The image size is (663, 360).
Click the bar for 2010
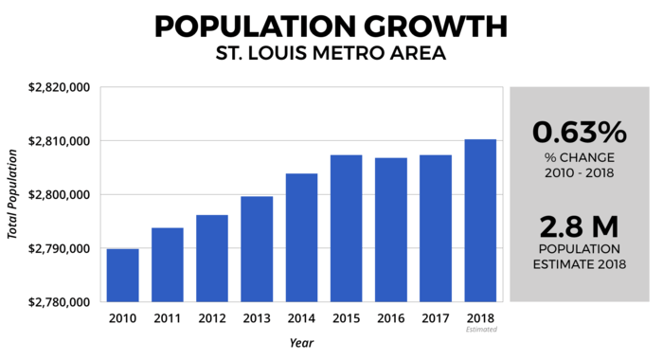123,276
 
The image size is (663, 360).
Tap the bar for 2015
347,228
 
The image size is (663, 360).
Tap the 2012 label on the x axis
212,319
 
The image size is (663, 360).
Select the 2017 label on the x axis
436,319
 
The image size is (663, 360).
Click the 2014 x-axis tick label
301,319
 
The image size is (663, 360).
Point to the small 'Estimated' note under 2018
481,330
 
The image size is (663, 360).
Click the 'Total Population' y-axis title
14,194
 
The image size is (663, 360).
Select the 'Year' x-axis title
301,343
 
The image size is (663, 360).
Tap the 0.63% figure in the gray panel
580,131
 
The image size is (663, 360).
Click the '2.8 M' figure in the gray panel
580,227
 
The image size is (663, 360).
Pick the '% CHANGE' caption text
580,156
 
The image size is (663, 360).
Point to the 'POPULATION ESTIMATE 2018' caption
580,258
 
